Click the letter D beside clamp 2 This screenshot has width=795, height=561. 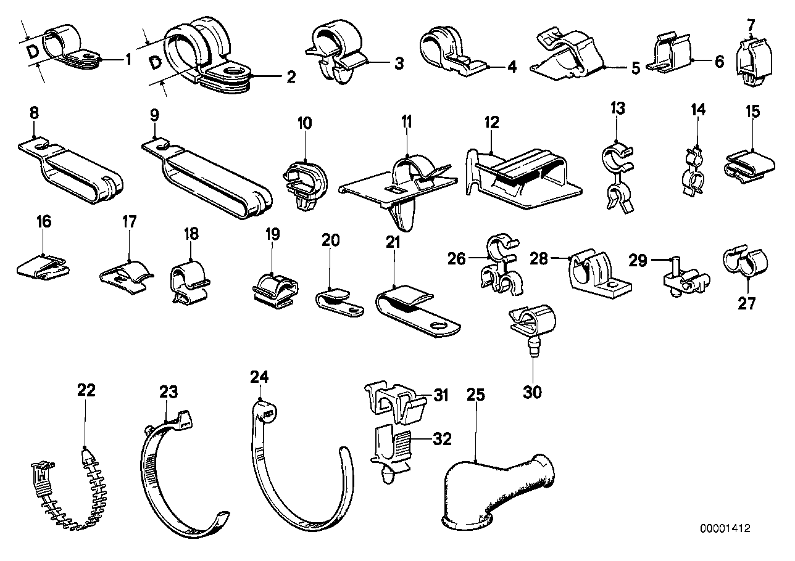[157, 62]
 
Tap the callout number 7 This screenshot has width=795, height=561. [750, 25]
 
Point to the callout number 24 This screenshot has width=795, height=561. [260, 375]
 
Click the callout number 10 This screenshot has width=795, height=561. [305, 124]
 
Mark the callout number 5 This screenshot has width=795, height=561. [636, 67]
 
